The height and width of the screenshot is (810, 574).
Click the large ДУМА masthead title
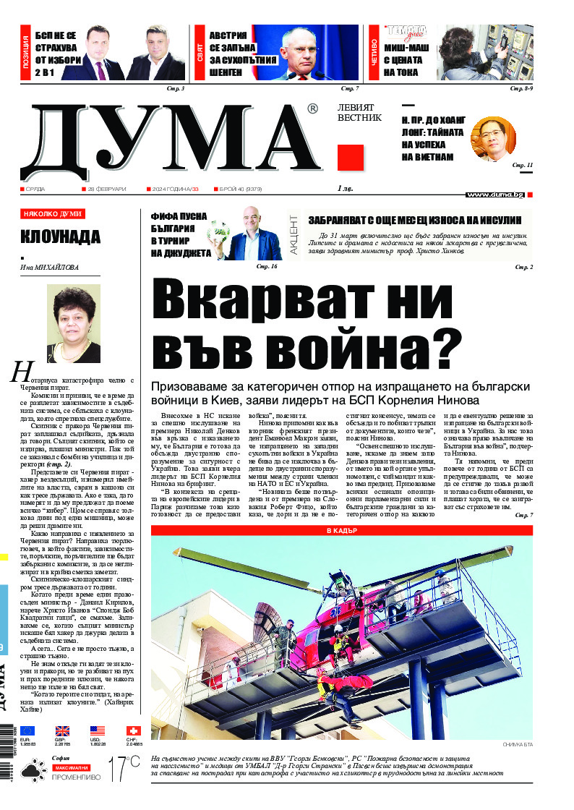click(x=170, y=140)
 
